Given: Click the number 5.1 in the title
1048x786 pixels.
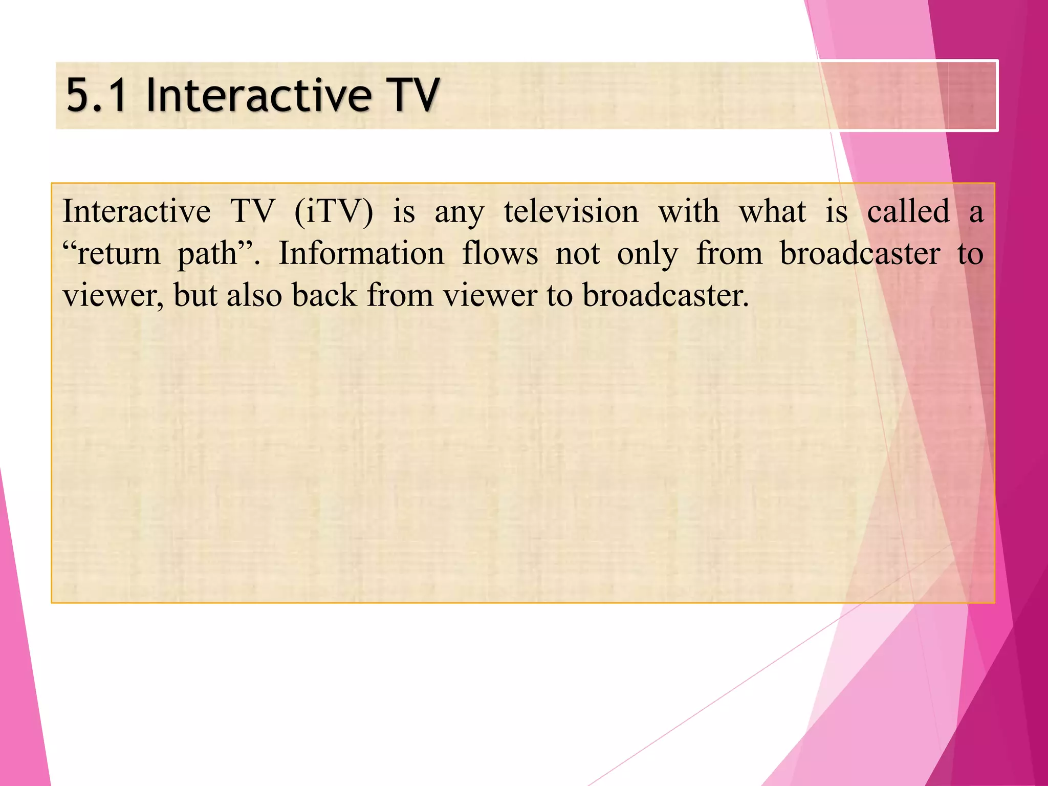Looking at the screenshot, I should (96, 95).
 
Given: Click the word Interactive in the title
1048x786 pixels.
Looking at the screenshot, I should (258, 95).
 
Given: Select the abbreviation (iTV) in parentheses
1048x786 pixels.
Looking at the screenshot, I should (334, 211).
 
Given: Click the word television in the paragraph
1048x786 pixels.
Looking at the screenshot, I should (571, 211).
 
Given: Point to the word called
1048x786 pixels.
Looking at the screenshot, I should (908, 211).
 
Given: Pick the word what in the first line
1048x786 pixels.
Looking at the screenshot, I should (772, 211).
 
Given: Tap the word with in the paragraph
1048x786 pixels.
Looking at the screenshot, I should (688, 211).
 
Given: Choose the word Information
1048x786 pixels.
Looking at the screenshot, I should (361, 254).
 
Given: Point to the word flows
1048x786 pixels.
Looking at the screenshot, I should (500, 254).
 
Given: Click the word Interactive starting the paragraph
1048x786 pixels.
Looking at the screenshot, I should (136, 211).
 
